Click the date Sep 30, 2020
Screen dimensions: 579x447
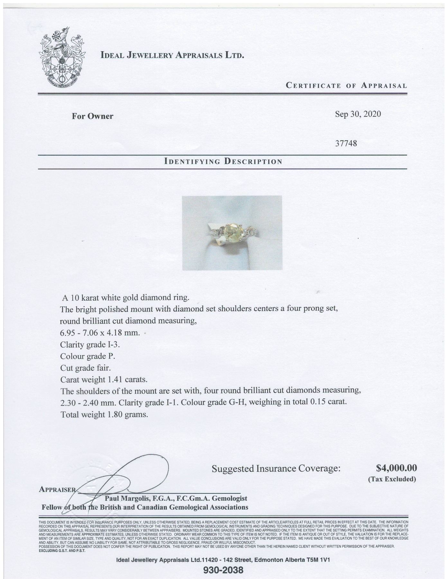(x=358, y=114)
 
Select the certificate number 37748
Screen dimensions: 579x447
(x=346, y=143)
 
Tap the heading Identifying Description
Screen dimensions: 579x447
(x=223, y=161)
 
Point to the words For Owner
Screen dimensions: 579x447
(x=92, y=116)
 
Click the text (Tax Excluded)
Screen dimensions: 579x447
(x=392, y=479)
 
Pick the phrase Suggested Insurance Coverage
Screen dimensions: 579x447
(x=276, y=468)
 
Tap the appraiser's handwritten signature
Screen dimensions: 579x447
(x=125, y=480)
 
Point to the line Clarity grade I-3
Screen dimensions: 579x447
(x=90, y=345)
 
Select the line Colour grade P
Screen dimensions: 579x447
(x=87, y=356)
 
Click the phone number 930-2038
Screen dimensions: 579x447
(x=224, y=571)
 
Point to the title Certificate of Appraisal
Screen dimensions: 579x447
(x=346, y=86)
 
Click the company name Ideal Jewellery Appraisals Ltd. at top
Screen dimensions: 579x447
(x=172, y=55)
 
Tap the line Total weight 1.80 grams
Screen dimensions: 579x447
(x=104, y=414)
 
